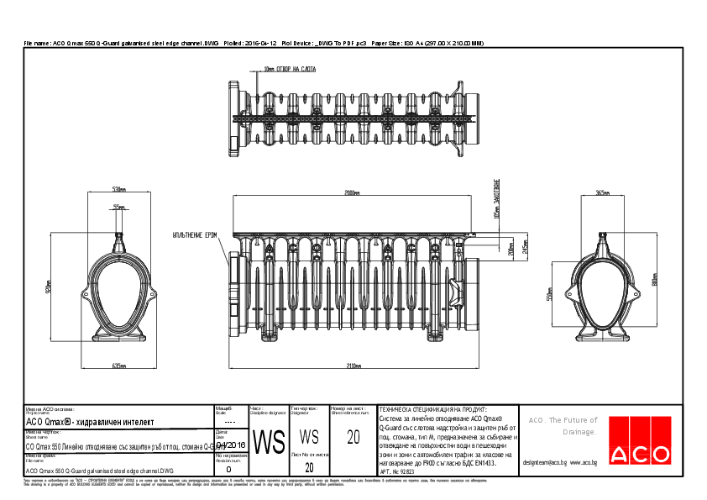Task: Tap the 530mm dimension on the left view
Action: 118,187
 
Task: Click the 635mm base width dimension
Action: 118,366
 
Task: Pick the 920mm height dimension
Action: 49,287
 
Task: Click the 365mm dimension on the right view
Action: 602,192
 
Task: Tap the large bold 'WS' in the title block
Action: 269,441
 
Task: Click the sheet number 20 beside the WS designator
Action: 353,438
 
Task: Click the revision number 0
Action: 229,471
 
